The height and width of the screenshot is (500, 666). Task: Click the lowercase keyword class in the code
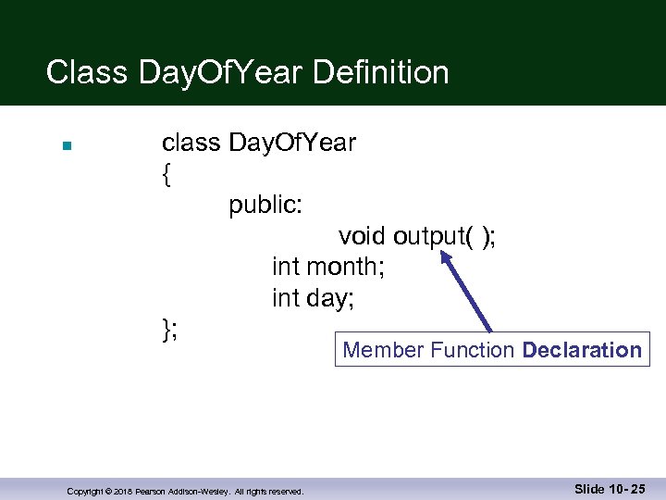191,143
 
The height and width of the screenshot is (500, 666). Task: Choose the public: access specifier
265,205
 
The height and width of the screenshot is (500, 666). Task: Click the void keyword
362,237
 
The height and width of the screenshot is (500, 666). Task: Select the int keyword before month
285,268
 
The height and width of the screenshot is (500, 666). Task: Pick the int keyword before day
285,299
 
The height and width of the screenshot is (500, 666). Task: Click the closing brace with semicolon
170,329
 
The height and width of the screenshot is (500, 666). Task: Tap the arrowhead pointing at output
448,260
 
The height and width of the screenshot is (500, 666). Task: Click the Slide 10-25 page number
610,489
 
